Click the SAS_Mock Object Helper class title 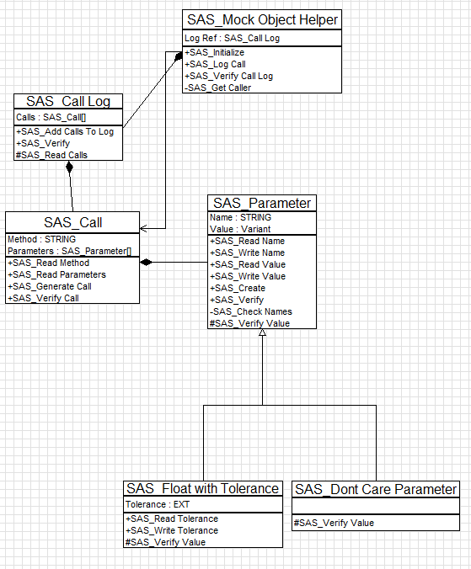pos(262,19)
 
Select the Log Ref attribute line pos(232,38)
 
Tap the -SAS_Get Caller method pos(217,88)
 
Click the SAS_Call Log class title pos(68,101)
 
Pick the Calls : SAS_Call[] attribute pos(51,117)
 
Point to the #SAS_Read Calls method pos(51,155)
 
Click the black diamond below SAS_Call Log pos(69,168)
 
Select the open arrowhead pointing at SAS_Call pos(143,229)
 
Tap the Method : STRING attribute pos(42,240)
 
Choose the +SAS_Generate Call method pos(50,286)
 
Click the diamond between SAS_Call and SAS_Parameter pos(146,263)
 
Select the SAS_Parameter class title pos(262,203)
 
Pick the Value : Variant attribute pos(240,229)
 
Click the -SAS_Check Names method pos(250,311)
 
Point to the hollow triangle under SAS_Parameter pos(262,332)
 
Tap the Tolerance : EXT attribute pos(158,504)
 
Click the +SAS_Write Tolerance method pos(171,530)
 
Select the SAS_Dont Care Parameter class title pos(376,490)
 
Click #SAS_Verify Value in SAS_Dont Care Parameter pos(334,523)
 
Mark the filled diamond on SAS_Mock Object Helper pos(178,56)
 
